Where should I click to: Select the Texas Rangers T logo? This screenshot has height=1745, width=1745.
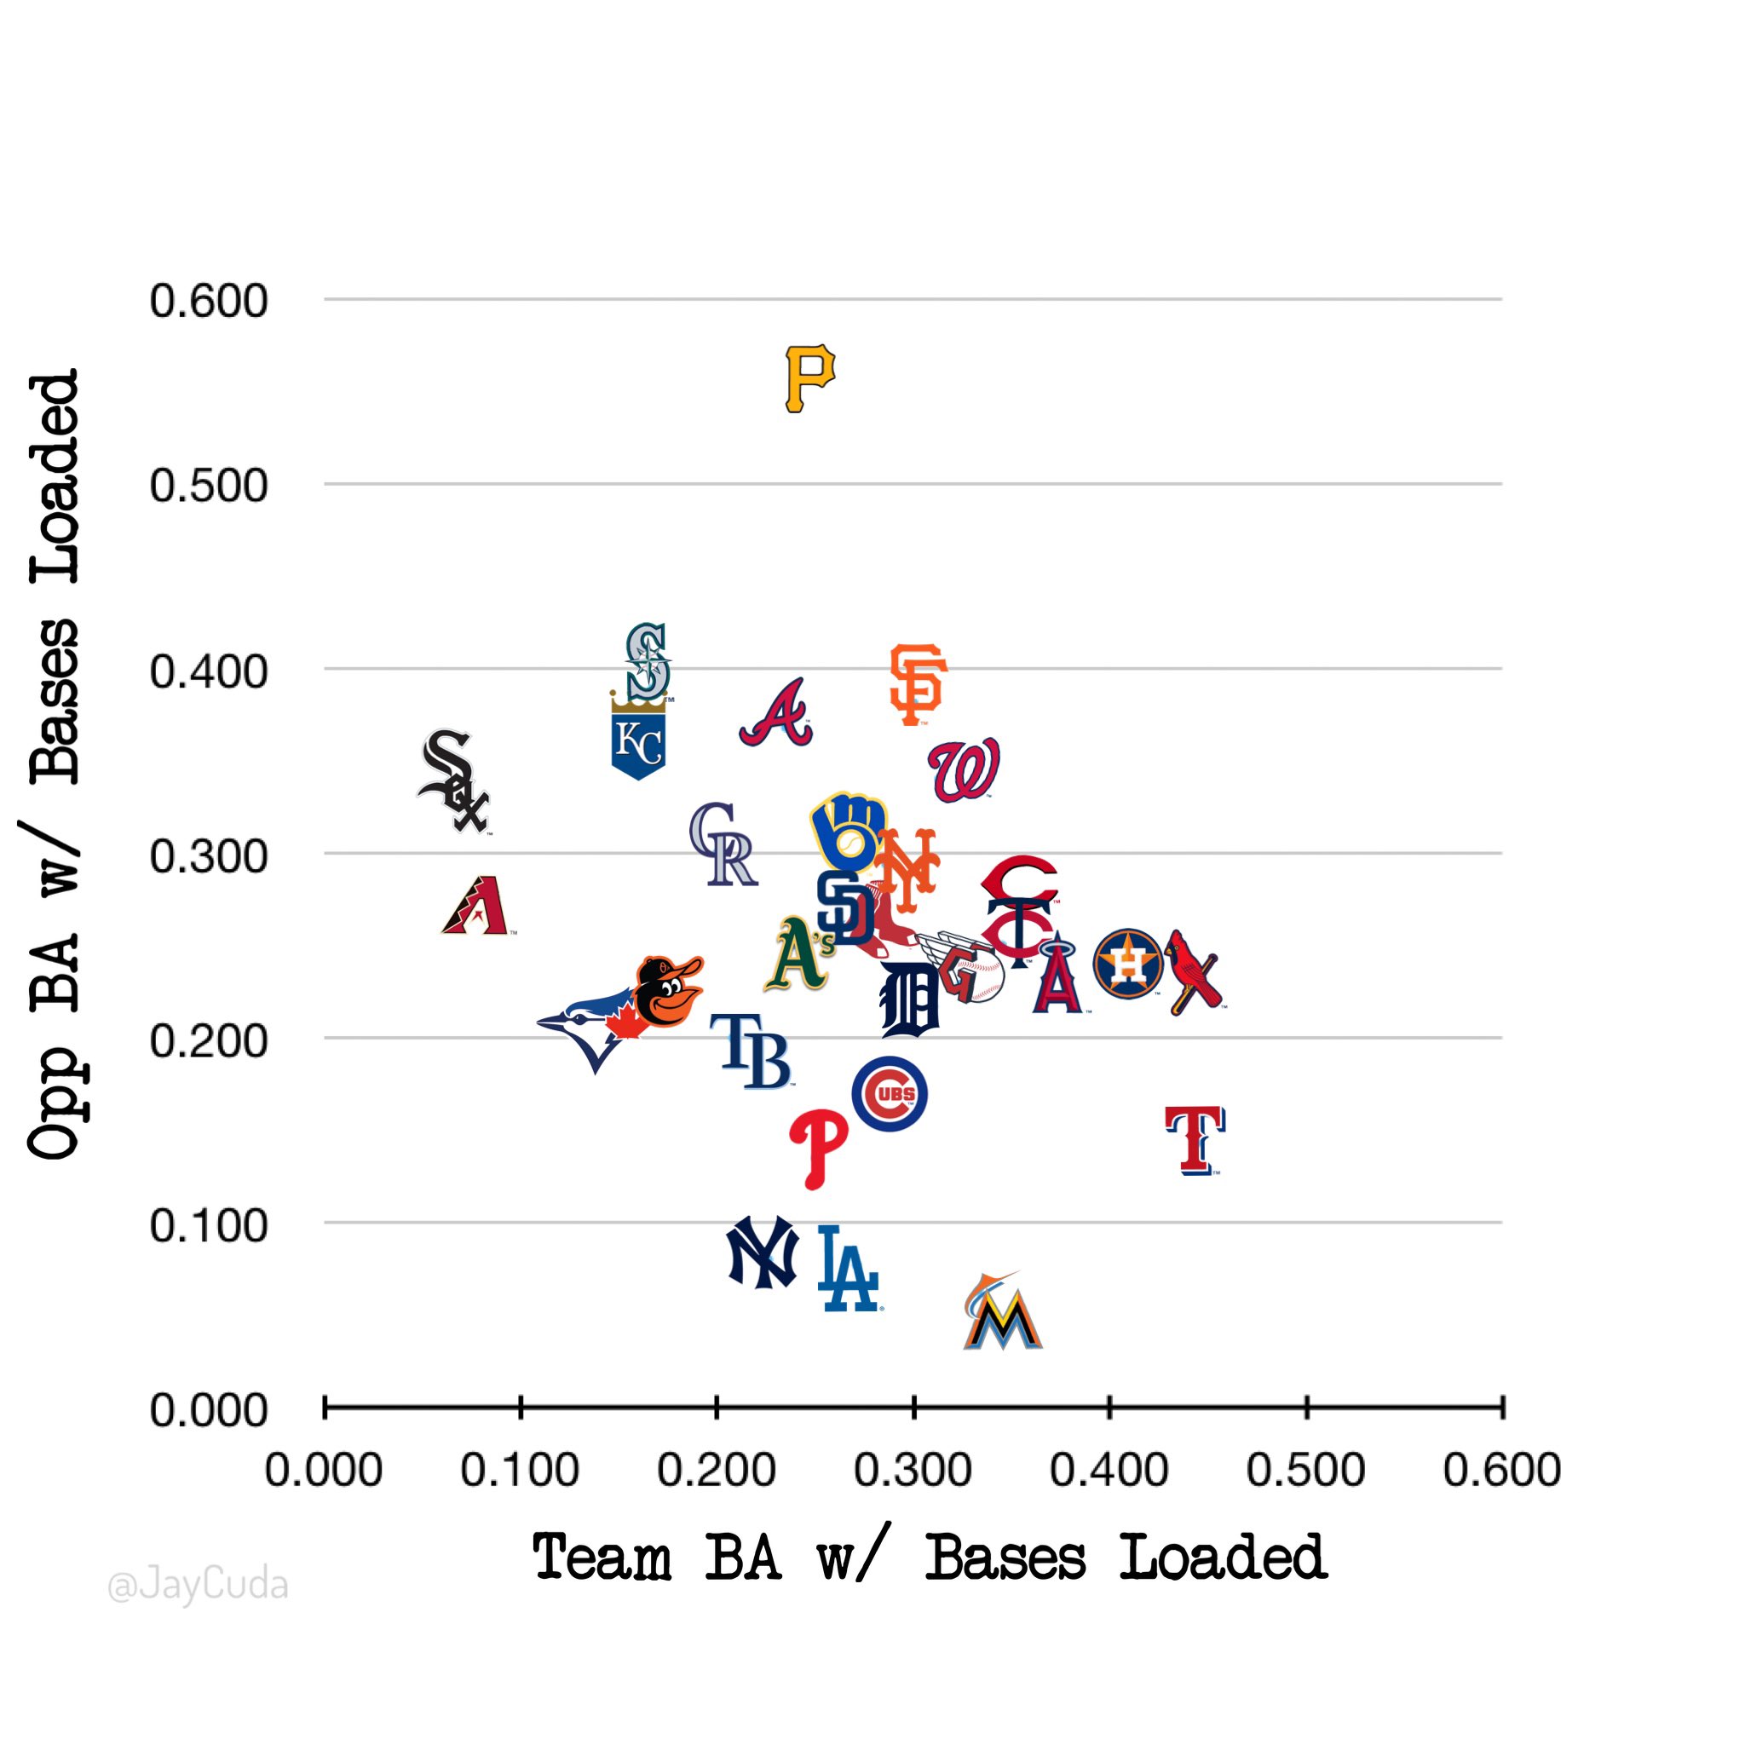click(x=1194, y=1140)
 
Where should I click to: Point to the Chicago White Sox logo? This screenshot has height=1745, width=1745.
click(x=454, y=781)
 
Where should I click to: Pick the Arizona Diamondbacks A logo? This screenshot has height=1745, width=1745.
click(x=476, y=905)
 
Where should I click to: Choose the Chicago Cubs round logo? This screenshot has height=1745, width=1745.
click(x=890, y=1094)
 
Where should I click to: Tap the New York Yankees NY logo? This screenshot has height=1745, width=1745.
click(x=763, y=1252)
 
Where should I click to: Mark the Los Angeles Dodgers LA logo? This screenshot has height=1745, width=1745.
click(x=847, y=1268)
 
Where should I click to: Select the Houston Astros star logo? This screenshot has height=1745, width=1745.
click(x=1128, y=963)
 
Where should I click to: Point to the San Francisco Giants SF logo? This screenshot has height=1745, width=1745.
click(x=917, y=683)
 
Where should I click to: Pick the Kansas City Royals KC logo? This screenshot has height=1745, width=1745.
click(x=638, y=740)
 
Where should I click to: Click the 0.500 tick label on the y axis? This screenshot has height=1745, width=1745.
click(x=209, y=486)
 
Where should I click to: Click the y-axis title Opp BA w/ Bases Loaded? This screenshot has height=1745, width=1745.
click(x=55, y=763)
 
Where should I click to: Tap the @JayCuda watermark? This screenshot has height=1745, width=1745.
click(x=198, y=1585)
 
